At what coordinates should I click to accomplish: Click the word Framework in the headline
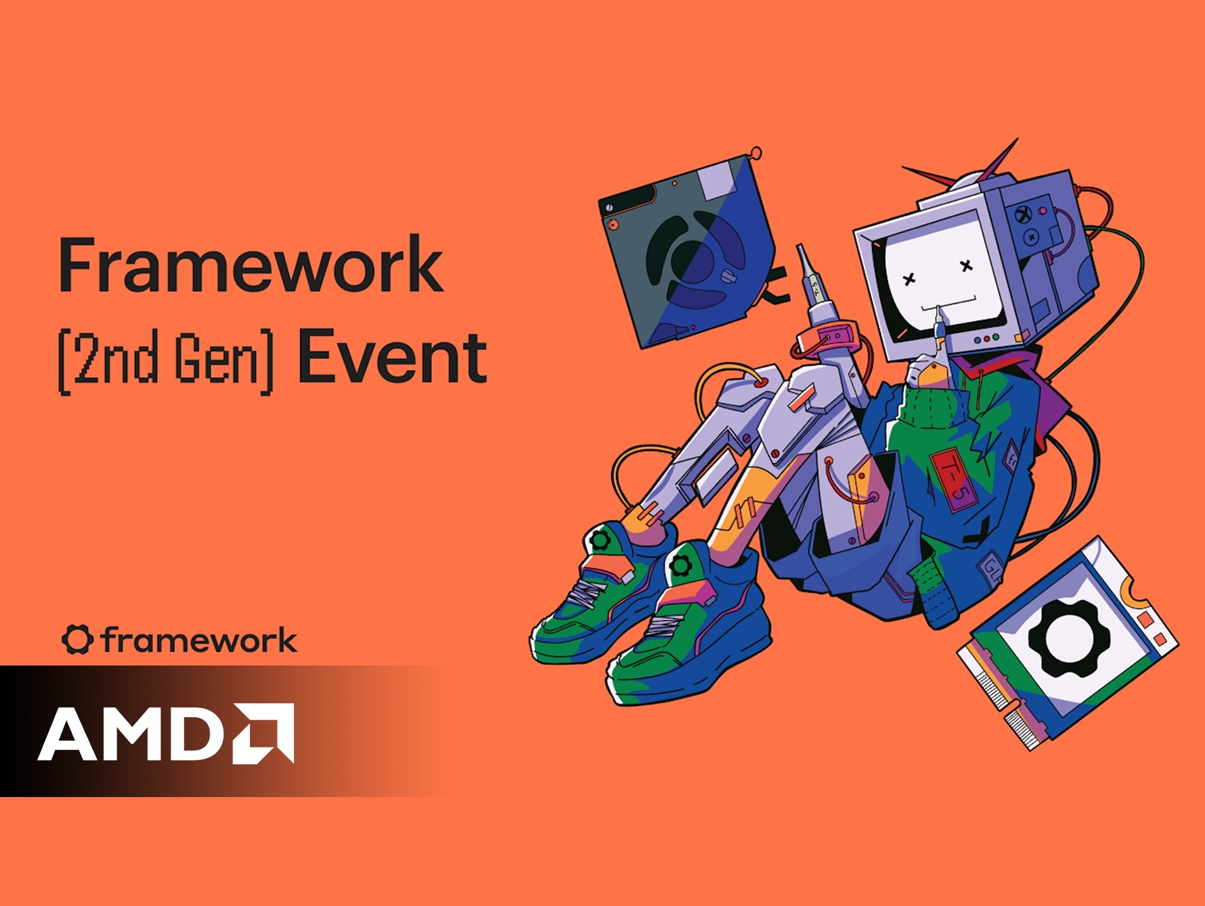pyautogui.click(x=251, y=265)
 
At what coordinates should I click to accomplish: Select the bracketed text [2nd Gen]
pyautogui.click(x=166, y=360)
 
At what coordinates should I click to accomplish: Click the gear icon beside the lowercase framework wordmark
pyautogui.click(x=77, y=640)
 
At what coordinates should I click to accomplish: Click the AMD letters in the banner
pyautogui.click(x=130, y=733)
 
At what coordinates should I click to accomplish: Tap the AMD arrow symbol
pyautogui.click(x=264, y=733)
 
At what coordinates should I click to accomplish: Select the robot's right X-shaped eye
pyautogui.click(x=966, y=266)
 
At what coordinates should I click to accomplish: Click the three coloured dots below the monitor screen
pyautogui.click(x=986, y=339)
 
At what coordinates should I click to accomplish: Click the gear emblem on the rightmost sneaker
pyautogui.click(x=681, y=565)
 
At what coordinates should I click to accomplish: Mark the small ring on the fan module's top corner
pyautogui.click(x=756, y=153)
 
